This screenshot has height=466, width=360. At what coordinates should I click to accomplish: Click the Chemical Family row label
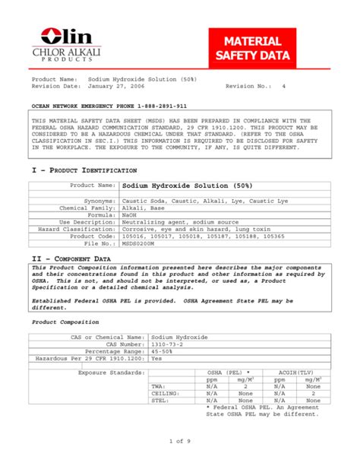[x=88, y=208]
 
